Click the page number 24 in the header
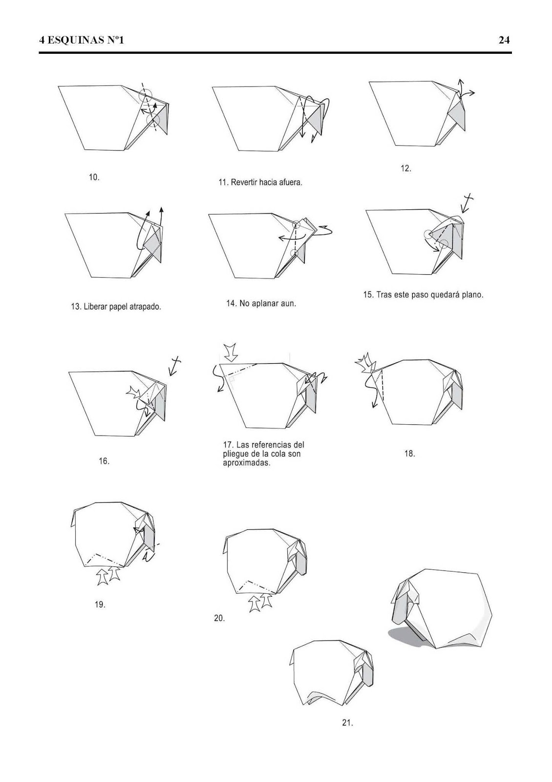tap(504, 40)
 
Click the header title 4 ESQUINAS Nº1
tap(82, 40)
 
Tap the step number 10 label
tap(94, 177)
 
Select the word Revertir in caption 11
tap(246, 182)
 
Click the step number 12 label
tap(405, 169)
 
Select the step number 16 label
tap(104, 461)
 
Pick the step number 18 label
tap(409, 454)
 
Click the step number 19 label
tap(100, 605)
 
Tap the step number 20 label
tap(219, 618)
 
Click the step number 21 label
tap(347, 723)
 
